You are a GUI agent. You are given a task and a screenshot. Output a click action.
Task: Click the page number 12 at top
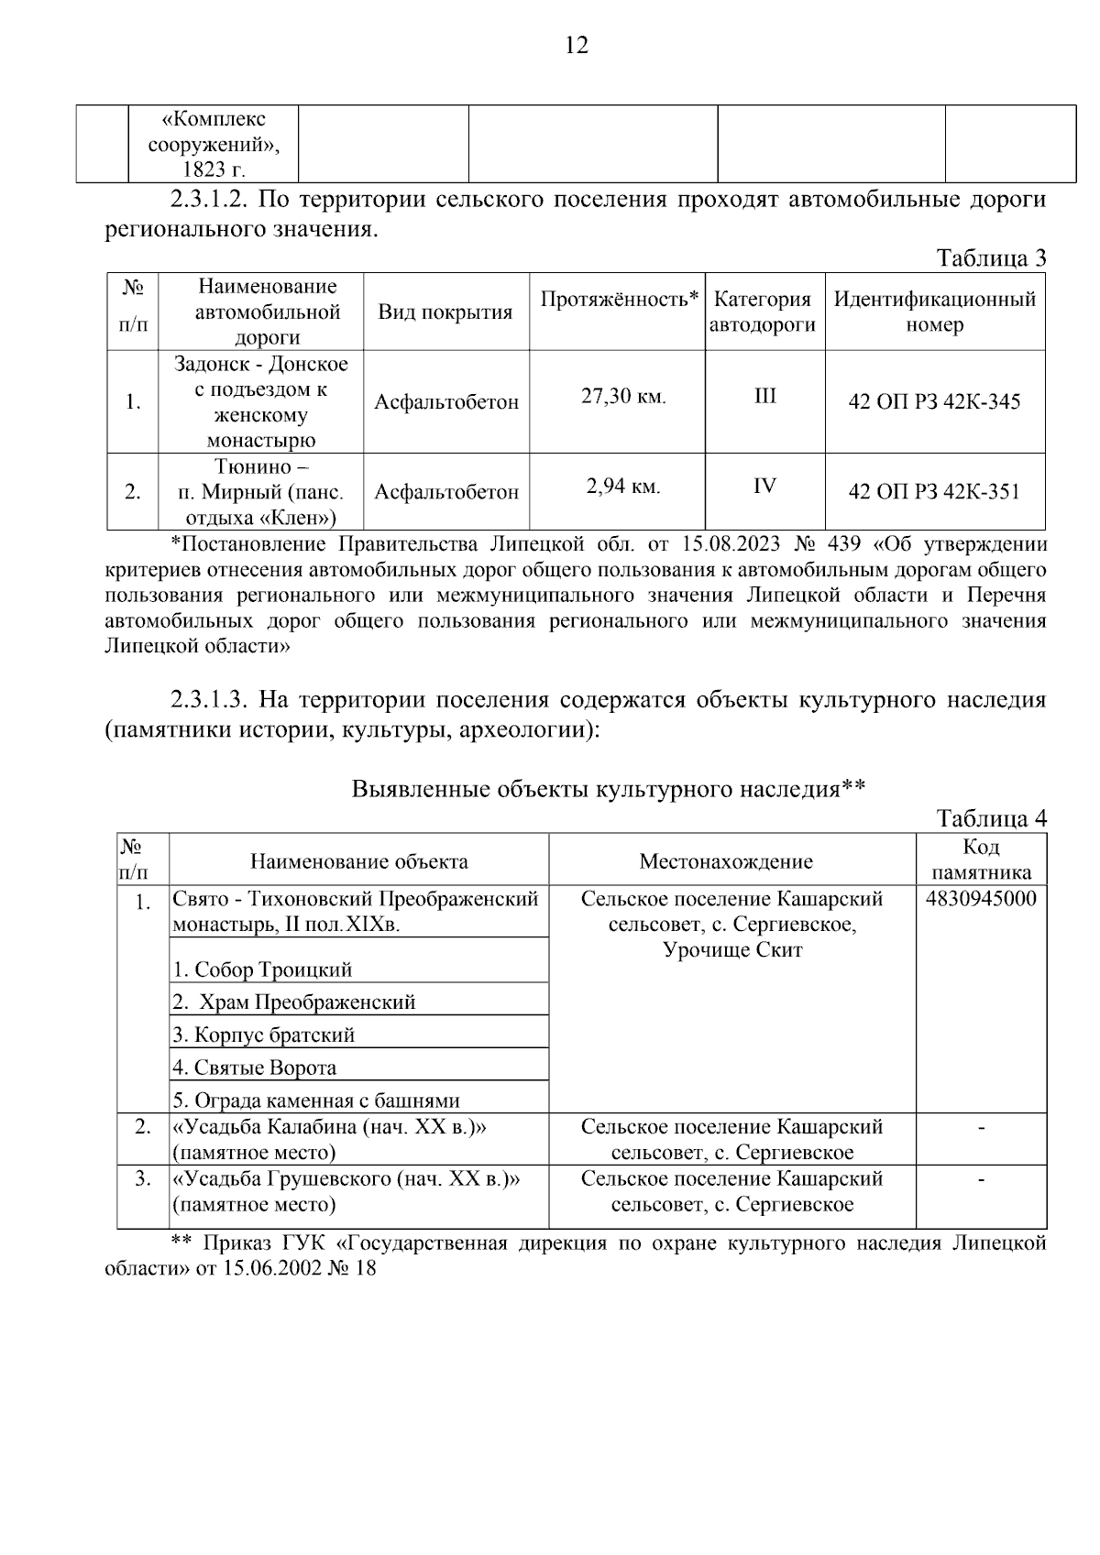tap(577, 46)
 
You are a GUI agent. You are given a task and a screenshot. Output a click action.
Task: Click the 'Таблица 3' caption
tap(991, 258)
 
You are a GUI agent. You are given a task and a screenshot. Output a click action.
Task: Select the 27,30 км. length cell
tap(623, 397)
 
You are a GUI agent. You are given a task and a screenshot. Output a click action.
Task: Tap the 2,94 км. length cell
tap(623, 487)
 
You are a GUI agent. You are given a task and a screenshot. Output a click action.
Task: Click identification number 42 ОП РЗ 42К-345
tap(934, 401)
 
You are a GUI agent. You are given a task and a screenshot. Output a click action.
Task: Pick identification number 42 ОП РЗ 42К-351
tap(934, 492)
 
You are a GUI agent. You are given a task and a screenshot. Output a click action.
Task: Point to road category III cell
tap(764, 396)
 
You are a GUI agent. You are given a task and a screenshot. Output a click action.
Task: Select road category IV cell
tap(764, 486)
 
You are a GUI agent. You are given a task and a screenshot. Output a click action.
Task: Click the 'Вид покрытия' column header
tap(445, 312)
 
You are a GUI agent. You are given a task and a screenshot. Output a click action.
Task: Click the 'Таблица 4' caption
tap(991, 818)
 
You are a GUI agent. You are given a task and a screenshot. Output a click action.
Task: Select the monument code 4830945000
tap(981, 899)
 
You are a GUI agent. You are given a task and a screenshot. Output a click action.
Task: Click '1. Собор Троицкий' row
tap(262, 969)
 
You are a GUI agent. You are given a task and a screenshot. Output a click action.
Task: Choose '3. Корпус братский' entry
tap(264, 1035)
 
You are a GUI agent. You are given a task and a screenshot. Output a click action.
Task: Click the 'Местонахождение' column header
tap(726, 861)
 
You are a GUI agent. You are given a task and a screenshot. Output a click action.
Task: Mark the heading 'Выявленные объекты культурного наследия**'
tap(609, 789)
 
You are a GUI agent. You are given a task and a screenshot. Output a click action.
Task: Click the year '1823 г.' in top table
tap(214, 170)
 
